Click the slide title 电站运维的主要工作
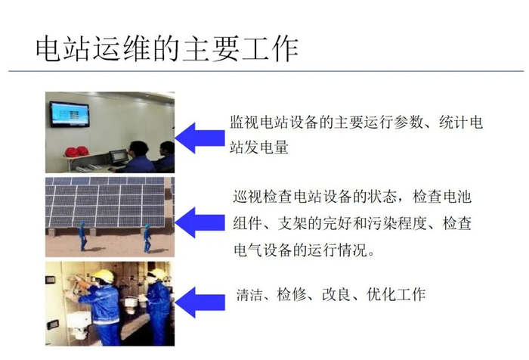tap(167, 49)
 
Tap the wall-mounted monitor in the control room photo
tap(70, 114)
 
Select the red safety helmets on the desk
tap(76, 151)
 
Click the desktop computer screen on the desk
tap(119, 157)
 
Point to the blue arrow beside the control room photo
tap(200, 138)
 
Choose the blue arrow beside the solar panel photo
tap(200, 222)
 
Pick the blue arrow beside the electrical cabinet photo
tap(200, 303)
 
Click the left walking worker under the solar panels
tap(82, 236)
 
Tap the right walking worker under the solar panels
tap(147, 238)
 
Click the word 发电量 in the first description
tap(267, 147)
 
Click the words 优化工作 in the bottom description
tap(396, 294)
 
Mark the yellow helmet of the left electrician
tap(104, 275)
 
